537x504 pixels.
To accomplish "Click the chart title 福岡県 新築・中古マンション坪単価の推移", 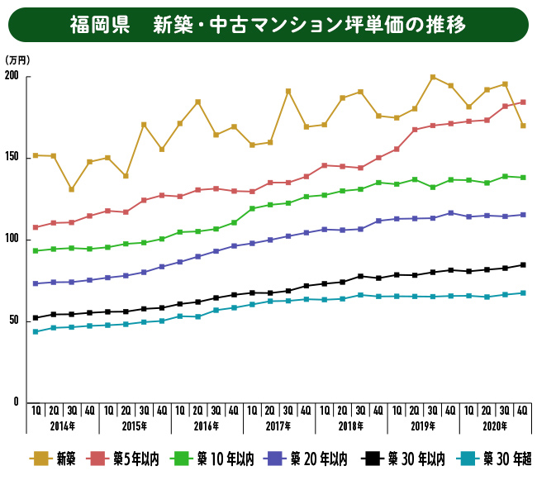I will coord(268,25).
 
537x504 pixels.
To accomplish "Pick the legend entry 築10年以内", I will coord(217,459).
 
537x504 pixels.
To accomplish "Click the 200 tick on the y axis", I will coord(12,77).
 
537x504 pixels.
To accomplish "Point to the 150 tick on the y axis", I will coord(12,157).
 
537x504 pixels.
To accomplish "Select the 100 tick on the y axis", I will coord(12,239).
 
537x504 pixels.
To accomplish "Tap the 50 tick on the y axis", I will coord(13,320).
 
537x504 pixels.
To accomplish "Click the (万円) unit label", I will coord(17,60).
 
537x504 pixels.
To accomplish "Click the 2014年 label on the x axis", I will coord(62,426).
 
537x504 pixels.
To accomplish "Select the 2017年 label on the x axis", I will coord(278,426).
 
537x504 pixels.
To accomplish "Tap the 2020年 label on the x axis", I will coord(495,426).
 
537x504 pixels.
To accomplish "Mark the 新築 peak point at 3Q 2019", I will coord(433,78).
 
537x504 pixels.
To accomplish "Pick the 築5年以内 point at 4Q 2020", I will coord(523,102).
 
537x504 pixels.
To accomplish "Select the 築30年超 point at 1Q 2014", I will coord(36,332).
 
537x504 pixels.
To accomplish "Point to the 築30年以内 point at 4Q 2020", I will coord(523,265).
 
